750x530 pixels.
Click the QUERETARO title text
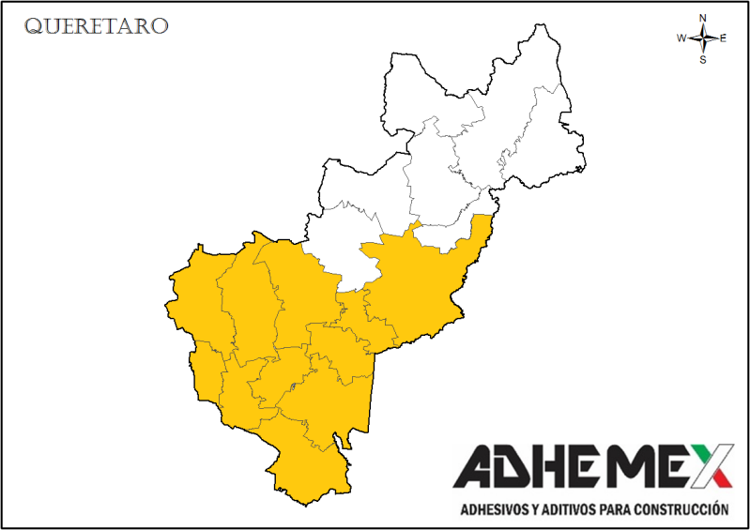tap(97, 26)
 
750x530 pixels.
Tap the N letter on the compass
tap(703, 18)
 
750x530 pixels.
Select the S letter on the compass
tap(703, 59)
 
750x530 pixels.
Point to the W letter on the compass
tap(681, 38)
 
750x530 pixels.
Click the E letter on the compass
tap(724, 38)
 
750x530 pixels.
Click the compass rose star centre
tap(703, 38)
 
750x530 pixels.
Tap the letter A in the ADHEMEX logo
tap(479, 466)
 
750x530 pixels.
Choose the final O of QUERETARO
tap(161, 26)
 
